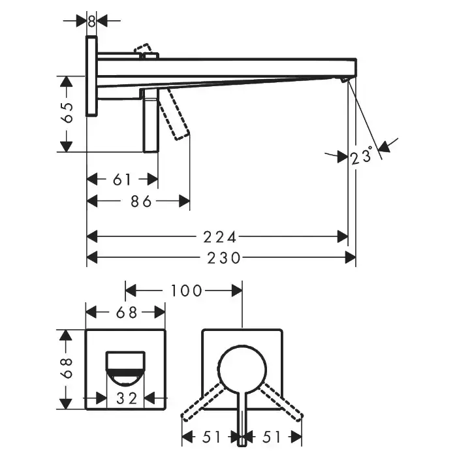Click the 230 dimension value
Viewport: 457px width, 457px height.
point(224,258)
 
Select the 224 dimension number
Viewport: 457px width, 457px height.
point(220,237)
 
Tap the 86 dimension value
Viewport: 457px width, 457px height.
point(141,201)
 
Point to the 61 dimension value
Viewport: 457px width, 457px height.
point(122,180)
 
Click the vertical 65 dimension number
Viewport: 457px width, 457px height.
point(67,112)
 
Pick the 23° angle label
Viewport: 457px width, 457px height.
point(362,155)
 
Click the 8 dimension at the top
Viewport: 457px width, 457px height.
point(91,22)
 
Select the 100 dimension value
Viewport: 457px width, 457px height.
point(186,291)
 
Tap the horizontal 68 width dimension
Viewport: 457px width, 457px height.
point(127,313)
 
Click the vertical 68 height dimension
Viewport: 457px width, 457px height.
point(67,368)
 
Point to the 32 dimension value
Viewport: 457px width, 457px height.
point(127,398)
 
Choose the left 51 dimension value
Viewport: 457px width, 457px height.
point(212,437)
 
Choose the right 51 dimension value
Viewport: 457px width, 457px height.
point(272,437)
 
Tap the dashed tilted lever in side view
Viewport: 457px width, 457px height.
point(174,114)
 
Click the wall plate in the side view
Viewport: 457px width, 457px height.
point(91,76)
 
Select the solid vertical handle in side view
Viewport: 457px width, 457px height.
point(151,120)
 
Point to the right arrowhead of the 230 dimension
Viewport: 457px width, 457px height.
point(351,258)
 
